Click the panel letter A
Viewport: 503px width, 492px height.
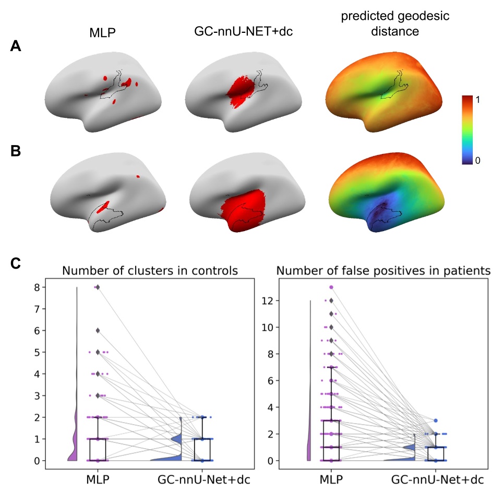[x=16, y=47]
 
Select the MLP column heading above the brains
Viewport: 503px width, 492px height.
[x=102, y=34]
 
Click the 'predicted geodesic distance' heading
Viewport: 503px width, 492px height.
[x=394, y=24]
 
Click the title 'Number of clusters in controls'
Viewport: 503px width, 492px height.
[x=150, y=271]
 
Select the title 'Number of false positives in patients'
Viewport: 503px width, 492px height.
[x=383, y=271]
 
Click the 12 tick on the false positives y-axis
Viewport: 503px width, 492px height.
[x=267, y=301]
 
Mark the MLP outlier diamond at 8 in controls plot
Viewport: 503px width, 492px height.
[x=97, y=287]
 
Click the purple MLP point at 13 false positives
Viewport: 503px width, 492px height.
[x=331, y=287]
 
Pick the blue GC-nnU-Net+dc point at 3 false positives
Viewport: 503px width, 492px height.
[x=436, y=421]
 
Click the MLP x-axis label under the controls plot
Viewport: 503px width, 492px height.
[x=98, y=479]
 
